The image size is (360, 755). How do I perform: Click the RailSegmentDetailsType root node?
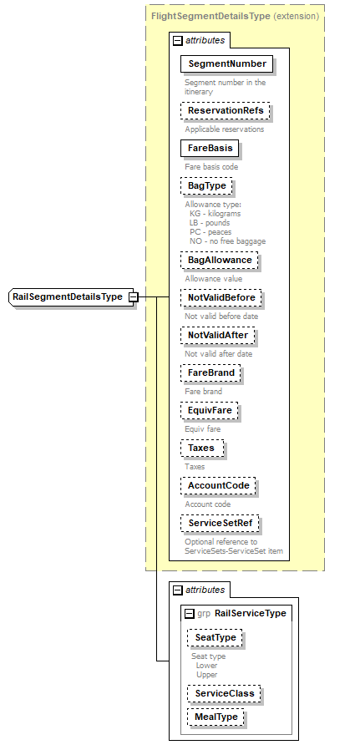(x=68, y=296)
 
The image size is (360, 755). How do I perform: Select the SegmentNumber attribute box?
(x=227, y=63)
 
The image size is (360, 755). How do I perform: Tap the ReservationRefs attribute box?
(x=227, y=110)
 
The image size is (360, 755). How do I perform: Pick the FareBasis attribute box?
(x=210, y=148)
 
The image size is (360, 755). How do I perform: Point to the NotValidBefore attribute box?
(x=221, y=298)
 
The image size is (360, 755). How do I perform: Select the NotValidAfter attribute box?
(x=218, y=335)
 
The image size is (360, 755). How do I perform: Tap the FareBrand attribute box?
(x=211, y=372)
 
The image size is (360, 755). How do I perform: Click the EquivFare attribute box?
(x=210, y=410)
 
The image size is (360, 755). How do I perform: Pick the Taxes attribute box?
(x=201, y=448)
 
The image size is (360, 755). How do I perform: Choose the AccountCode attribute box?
(x=220, y=485)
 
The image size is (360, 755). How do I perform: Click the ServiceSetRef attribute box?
(x=221, y=523)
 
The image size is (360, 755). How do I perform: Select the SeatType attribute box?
(x=215, y=637)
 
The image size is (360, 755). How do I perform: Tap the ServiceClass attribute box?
(x=223, y=693)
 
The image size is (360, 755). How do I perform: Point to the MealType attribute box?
(x=216, y=717)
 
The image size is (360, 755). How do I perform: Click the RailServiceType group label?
(x=250, y=613)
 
